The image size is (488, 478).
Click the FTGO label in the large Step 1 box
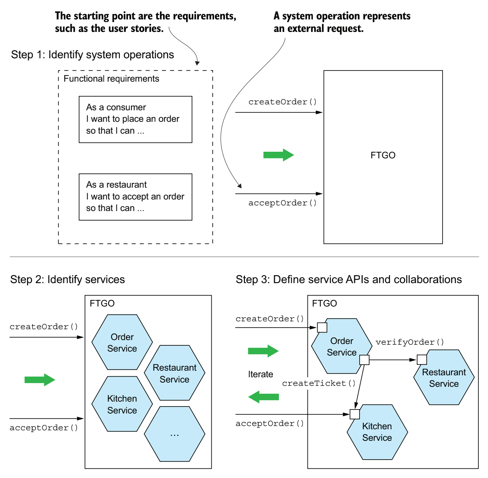click(x=383, y=155)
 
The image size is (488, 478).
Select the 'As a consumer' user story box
click(x=135, y=119)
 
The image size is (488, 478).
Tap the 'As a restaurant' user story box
click(x=135, y=197)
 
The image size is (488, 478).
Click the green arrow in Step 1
click(x=279, y=155)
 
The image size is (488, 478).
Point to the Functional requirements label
click(x=111, y=79)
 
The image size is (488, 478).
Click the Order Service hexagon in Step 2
click(x=122, y=342)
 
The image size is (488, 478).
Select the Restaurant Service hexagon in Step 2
click(x=175, y=373)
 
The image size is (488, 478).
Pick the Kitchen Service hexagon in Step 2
click(x=122, y=404)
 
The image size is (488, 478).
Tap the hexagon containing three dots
click(x=175, y=434)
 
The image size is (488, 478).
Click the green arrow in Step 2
click(x=40, y=380)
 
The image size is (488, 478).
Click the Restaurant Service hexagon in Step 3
click(x=444, y=378)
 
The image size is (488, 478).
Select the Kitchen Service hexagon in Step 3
click(x=377, y=432)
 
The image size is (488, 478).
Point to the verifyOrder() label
click(x=410, y=342)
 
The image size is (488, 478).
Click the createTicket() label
click(x=319, y=383)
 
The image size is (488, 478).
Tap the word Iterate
click(x=260, y=374)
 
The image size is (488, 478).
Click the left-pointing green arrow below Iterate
click(x=263, y=397)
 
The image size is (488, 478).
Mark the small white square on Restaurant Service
click(x=422, y=359)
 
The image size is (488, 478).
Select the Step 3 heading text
click(x=348, y=279)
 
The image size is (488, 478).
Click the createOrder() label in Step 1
click(x=283, y=102)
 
